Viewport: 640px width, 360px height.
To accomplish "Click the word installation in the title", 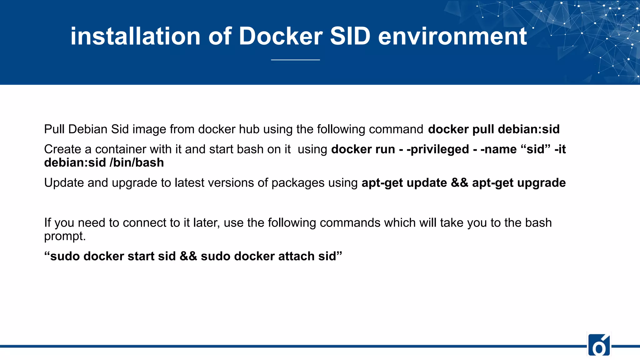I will (135, 36).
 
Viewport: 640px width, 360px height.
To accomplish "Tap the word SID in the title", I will (350, 36).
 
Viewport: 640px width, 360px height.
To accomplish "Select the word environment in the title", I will (452, 36).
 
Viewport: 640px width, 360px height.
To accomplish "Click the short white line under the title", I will (295, 60).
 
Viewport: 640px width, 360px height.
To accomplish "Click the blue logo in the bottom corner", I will (599, 345).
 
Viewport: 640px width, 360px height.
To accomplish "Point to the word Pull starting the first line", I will (54, 129).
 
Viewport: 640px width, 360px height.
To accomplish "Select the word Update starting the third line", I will (64, 183).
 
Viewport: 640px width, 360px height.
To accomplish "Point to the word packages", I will (298, 183).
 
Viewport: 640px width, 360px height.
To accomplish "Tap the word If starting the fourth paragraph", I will (47, 222).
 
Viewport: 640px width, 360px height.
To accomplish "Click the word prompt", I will (64, 236).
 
